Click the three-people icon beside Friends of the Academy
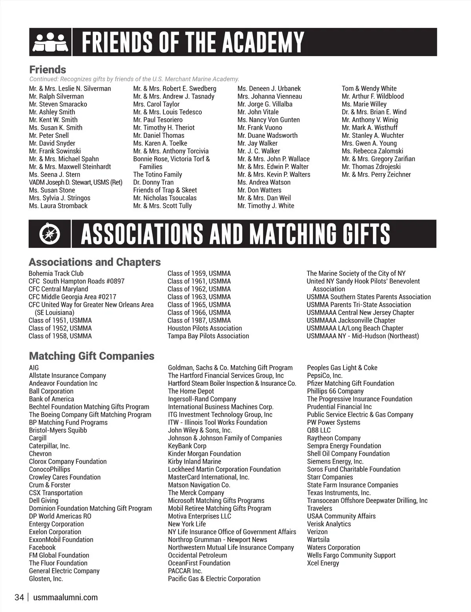49,42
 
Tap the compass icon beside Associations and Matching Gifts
49,234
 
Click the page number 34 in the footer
19,597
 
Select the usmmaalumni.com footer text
66,597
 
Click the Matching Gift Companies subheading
91,356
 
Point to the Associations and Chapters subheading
95,262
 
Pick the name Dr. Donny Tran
153,182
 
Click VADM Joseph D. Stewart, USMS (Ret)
76,182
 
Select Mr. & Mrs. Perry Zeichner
376,174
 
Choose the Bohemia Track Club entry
56,273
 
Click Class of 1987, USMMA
199,321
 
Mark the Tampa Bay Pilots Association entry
208,336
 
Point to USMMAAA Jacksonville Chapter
351,321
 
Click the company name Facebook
42,548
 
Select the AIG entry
34,368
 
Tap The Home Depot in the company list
191,391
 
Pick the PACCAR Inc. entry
185,571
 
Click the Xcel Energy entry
323,563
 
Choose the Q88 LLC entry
319,430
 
